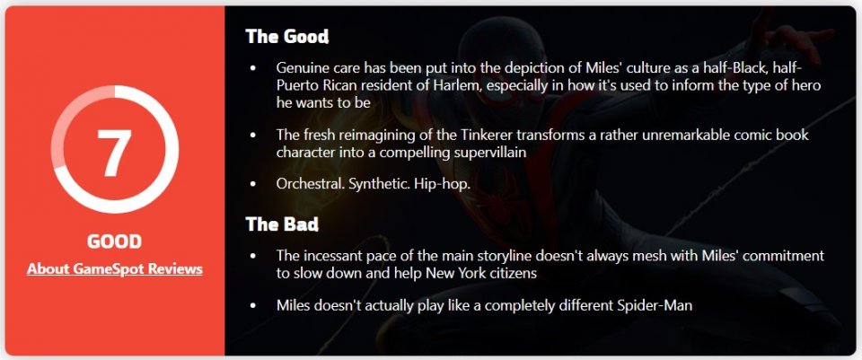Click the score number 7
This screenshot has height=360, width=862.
114,154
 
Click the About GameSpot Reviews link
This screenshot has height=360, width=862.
114,269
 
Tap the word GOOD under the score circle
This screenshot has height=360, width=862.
114,241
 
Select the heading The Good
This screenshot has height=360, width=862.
287,36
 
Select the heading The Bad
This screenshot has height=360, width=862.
282,224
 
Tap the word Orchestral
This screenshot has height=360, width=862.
311,184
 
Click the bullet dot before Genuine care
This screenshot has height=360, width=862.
253,69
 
